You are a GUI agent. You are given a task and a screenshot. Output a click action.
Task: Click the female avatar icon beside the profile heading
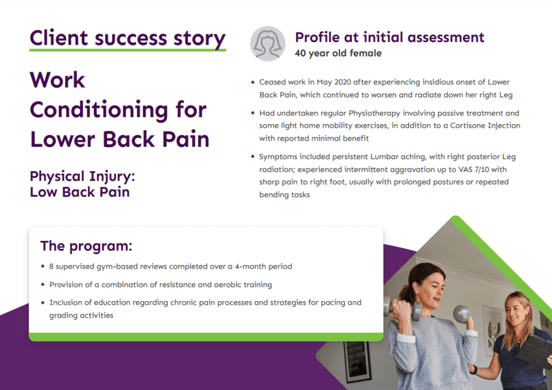click(x=268, y=44)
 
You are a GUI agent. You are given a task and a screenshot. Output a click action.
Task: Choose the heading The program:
click(x=86, y=246)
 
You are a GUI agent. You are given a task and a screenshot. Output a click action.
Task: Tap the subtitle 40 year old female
click(x=338, y=53)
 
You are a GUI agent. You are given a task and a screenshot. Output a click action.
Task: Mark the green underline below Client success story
click(x=128, y=50)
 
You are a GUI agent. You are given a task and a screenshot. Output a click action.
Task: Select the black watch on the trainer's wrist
click(x=473, y=370)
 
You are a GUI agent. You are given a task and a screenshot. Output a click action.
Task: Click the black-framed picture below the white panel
click(x=357, y=361)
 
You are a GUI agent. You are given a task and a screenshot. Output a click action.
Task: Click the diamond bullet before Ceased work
click(x=253, y=83)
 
